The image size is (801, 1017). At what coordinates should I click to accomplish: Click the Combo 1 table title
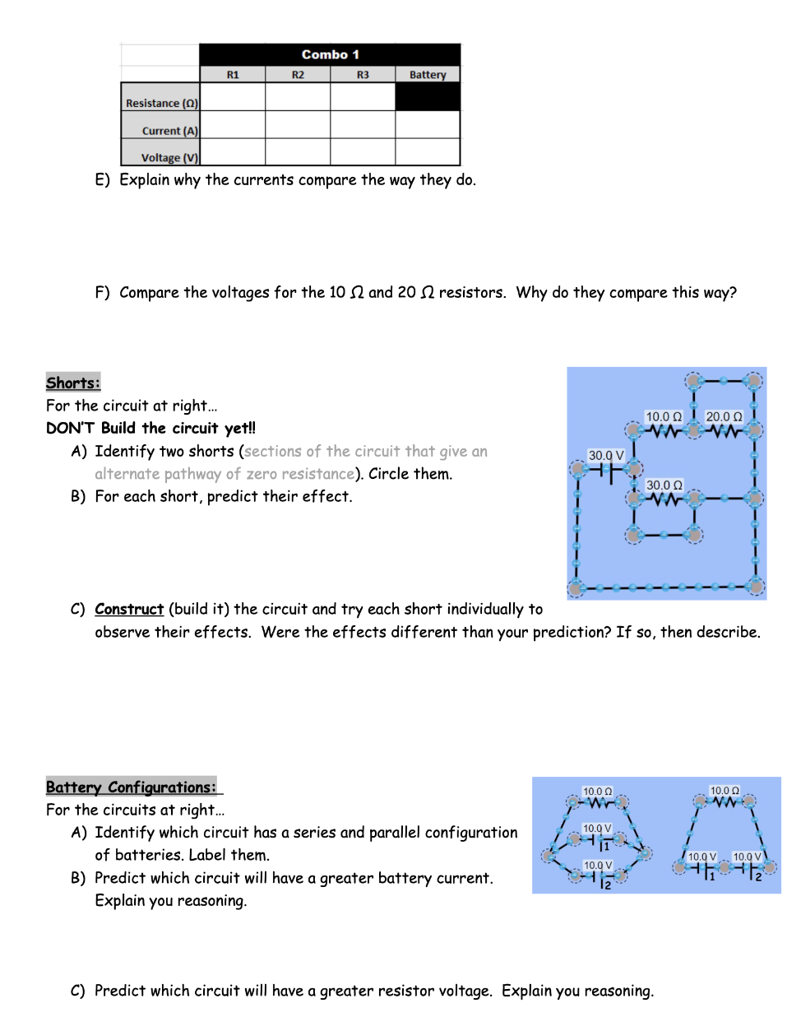point(330,54)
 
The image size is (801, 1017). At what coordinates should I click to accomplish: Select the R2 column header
point(298,75)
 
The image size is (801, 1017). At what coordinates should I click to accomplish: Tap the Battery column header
point(428,75)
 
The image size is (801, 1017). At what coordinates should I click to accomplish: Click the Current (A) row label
point(169,131)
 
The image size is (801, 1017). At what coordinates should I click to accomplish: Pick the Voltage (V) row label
point(169,158)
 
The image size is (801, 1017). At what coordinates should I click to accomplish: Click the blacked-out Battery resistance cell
point(428,97)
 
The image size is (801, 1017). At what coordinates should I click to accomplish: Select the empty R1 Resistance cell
point(233,97)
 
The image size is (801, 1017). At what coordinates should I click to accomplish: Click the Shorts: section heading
point(73,383)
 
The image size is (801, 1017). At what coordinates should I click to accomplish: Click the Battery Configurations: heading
point(132,787)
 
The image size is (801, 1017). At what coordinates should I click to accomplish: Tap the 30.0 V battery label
point(606,455)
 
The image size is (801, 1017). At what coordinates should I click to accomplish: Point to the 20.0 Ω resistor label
point(724,417)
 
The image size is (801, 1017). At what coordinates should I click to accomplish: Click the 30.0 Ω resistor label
point(664,485)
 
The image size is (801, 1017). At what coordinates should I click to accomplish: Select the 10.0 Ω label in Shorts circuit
point(664,417)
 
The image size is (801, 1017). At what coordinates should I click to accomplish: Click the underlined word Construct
point(129,609)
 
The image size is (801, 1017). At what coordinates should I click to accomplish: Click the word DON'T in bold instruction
point(70,428)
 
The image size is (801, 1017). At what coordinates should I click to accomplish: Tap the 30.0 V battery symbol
point(606,471)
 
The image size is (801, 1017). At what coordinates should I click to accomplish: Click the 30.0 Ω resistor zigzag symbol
point(664,499)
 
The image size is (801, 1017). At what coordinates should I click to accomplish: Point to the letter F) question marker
point(102,293)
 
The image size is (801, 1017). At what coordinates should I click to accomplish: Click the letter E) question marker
point(102,180)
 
